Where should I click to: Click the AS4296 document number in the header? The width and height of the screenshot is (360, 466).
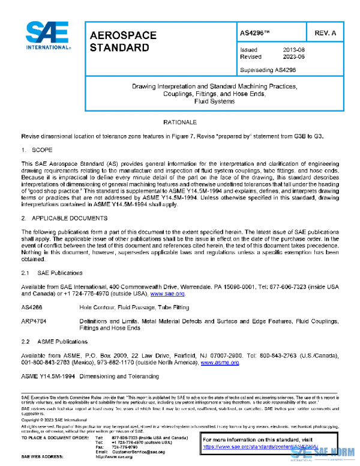pos(253,34)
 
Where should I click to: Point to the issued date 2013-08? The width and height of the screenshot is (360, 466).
pos(294,50)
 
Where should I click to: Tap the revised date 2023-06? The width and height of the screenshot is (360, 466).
pos(294,57)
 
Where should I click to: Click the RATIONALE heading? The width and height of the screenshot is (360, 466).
pos(180,122)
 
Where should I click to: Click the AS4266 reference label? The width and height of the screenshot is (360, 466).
pos(31,307)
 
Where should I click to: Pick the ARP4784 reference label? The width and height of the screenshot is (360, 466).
pos(33,321)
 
